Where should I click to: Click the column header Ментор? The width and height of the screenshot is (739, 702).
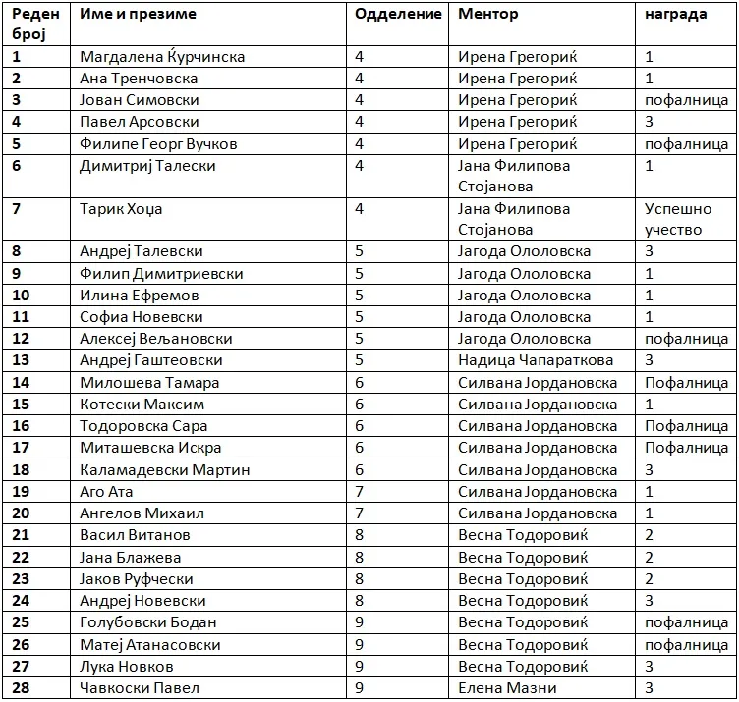point(487,15)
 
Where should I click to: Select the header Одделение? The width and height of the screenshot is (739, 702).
point(398,15)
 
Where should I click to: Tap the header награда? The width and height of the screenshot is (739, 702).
point(675,15)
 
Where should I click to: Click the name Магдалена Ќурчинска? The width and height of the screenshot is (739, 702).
point(162,57)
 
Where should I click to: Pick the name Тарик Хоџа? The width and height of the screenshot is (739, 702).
point(121,209)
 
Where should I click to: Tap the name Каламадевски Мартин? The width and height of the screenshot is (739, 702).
point(164,469)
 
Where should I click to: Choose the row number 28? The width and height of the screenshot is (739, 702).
point(21,687)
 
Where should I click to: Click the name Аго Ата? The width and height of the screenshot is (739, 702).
point(106,491)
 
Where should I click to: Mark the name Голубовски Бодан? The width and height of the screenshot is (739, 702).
point(148,622)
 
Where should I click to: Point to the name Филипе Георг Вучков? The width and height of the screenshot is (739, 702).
point(158,144)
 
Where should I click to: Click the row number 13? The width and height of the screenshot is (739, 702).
point(21,360)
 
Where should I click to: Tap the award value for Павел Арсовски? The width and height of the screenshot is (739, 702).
point(649,122)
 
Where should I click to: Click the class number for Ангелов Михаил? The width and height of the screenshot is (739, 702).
point(360,513)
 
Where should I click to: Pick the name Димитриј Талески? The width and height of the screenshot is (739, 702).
point(147,166)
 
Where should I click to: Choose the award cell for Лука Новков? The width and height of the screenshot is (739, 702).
point(649,666)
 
